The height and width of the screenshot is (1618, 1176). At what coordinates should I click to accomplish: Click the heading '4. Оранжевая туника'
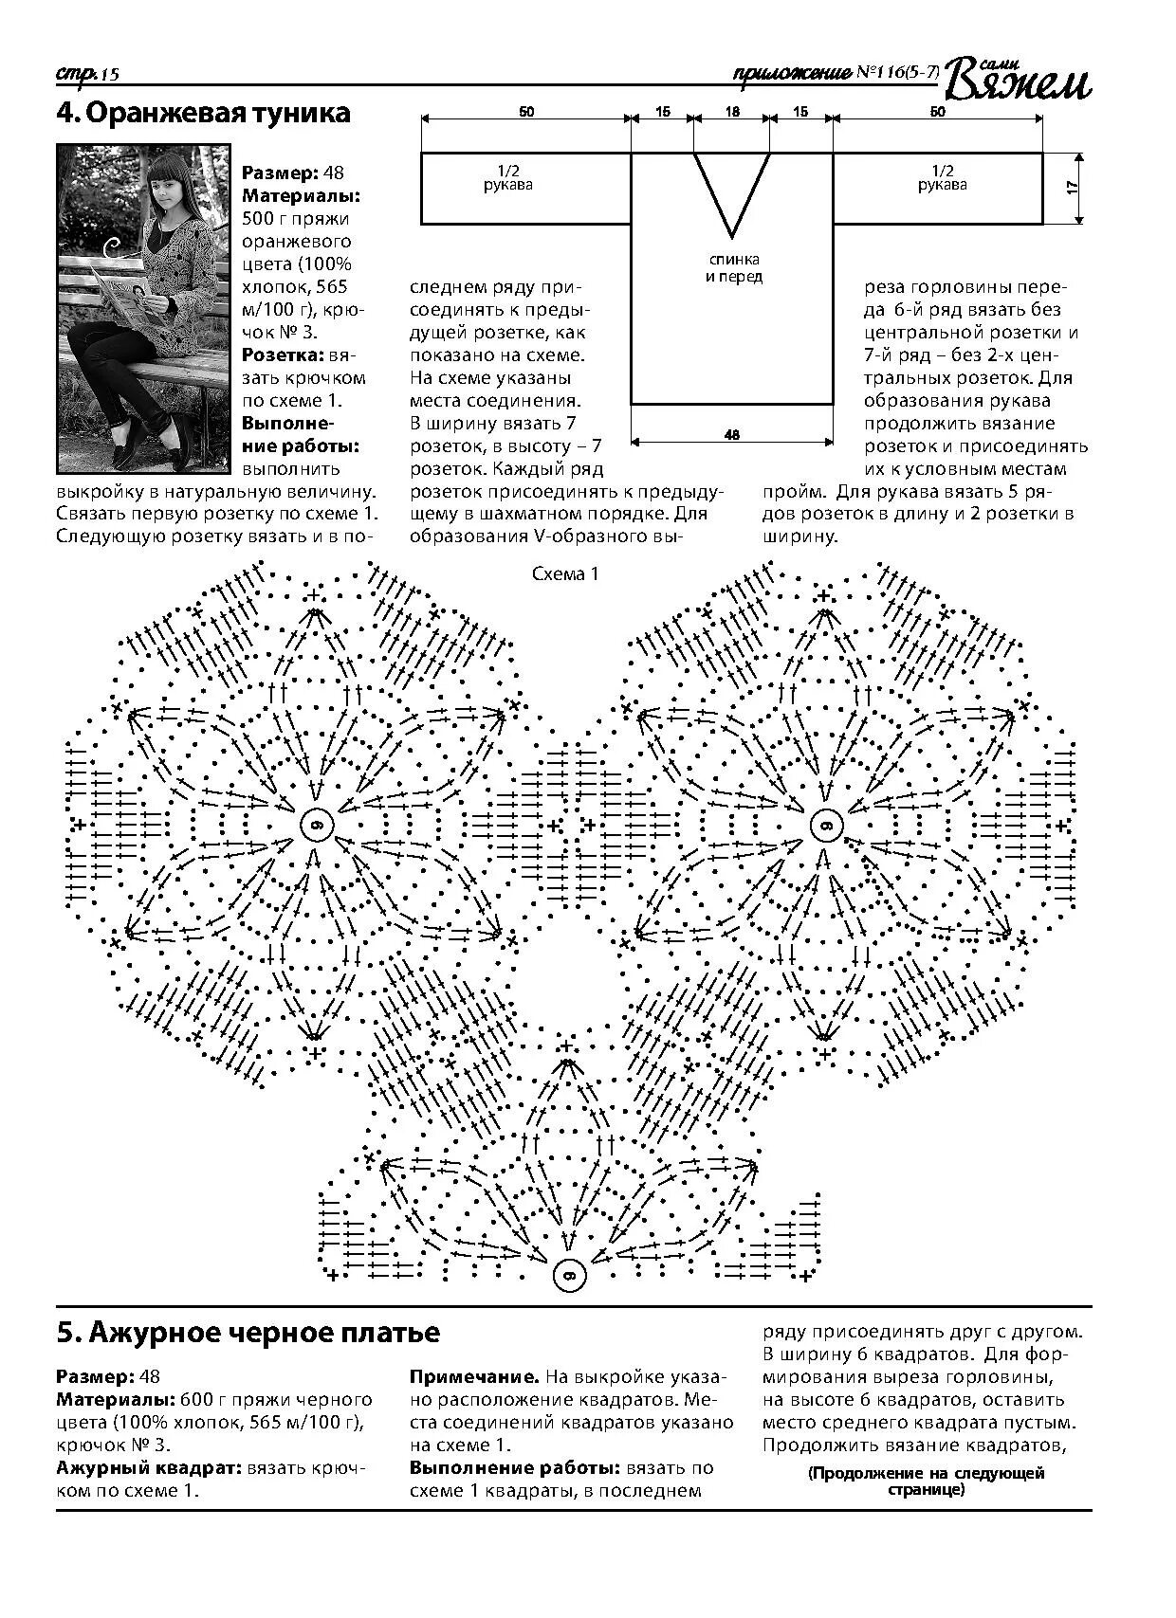point(203,114)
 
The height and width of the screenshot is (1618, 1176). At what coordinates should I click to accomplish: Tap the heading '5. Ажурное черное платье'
point(248,1333)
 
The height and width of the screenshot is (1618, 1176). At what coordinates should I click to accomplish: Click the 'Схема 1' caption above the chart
point(565,573)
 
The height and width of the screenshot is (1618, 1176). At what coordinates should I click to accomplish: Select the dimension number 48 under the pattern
point(731,435)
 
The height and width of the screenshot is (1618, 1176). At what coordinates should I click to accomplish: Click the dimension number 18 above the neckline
point(731,112)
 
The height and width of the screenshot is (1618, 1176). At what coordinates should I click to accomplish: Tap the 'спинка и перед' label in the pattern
point(734,268)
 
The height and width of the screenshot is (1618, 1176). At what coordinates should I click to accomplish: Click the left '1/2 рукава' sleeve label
point(508,178)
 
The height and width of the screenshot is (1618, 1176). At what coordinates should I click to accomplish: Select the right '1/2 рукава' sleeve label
point(942,178)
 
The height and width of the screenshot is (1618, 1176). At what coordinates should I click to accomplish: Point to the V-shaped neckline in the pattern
point(731,190)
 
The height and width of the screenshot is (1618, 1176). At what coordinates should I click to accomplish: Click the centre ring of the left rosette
point(316,825)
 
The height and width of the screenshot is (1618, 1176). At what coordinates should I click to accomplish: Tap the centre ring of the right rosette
point(825,825)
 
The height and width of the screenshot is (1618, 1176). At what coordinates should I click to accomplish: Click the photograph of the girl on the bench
point(143,308)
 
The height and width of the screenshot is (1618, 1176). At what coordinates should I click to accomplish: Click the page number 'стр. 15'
point(86,74)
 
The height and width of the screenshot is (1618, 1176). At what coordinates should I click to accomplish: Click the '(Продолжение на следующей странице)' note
point(926,1481)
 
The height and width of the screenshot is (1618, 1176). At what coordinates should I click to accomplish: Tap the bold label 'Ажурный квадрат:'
point(149,1468)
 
